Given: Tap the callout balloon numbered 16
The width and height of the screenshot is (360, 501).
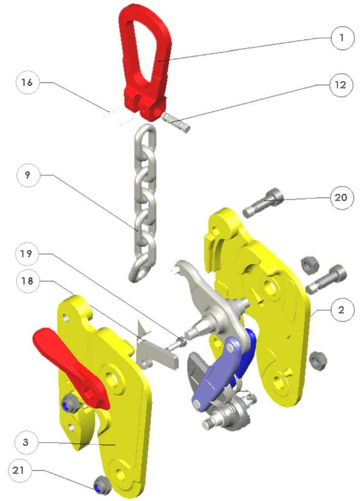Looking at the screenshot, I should (27, 83).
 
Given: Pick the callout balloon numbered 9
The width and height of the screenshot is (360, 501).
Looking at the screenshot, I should (27, 175).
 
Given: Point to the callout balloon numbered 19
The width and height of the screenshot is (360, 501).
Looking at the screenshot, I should (27, 254).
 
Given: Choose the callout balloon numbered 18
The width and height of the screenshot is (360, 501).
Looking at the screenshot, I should (27, 281).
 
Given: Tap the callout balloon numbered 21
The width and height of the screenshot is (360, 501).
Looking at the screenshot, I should (21, 472).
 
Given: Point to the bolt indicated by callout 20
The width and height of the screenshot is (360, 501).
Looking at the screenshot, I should (263, 204).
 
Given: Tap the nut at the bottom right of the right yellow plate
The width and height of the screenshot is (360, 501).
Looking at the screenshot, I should (318, 361).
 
